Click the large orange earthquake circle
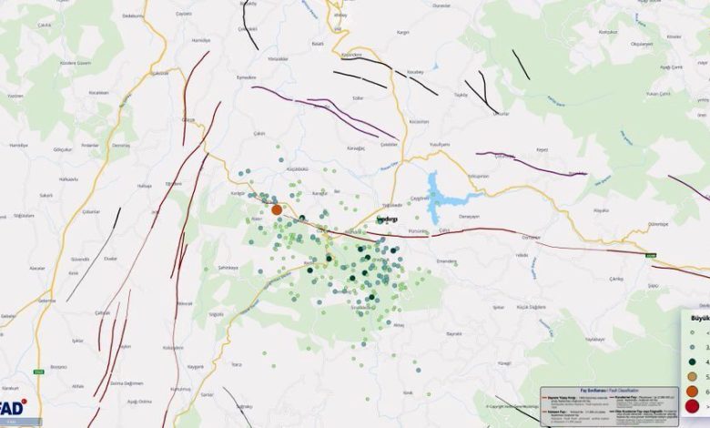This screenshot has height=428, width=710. [277, 209]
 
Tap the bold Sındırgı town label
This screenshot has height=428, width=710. [389, 221]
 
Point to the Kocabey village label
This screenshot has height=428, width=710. [416, 70]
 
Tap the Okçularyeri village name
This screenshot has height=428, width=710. [643, 44]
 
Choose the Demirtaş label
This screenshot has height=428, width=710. [121, 145]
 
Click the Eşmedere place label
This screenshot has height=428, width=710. [247, 77]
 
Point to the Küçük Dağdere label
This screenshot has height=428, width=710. [530, 308]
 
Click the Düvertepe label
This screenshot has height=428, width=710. [657, 224]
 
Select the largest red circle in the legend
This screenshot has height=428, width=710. [695, 406]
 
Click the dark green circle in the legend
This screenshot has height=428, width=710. [695, 362]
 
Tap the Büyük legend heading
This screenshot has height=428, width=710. [700, 319]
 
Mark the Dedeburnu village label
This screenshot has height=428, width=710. [135, 16]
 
